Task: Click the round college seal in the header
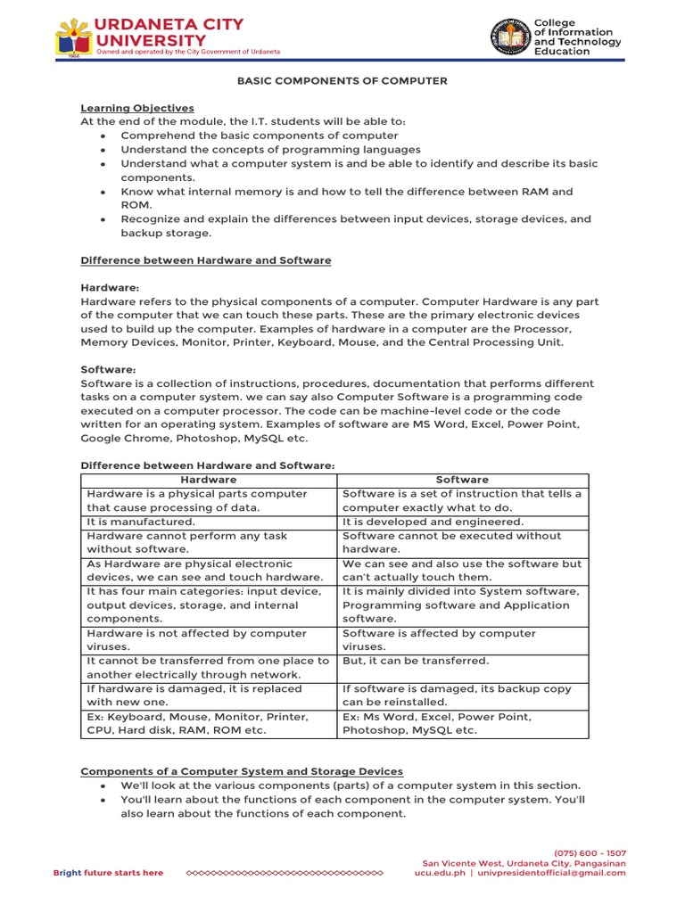[509, 37]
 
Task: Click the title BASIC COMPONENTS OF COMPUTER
[342, 81]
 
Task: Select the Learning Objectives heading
[137, 108]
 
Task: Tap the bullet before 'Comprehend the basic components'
[104, 136]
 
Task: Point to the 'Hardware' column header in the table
[209, 480]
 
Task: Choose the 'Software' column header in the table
[462, 480]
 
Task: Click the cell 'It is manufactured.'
[141, 522]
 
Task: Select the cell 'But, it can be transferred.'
[416, 661]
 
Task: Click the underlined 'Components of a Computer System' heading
[242, 771]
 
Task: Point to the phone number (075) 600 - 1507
[592, 853]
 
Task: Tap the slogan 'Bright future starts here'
[108, 873]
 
